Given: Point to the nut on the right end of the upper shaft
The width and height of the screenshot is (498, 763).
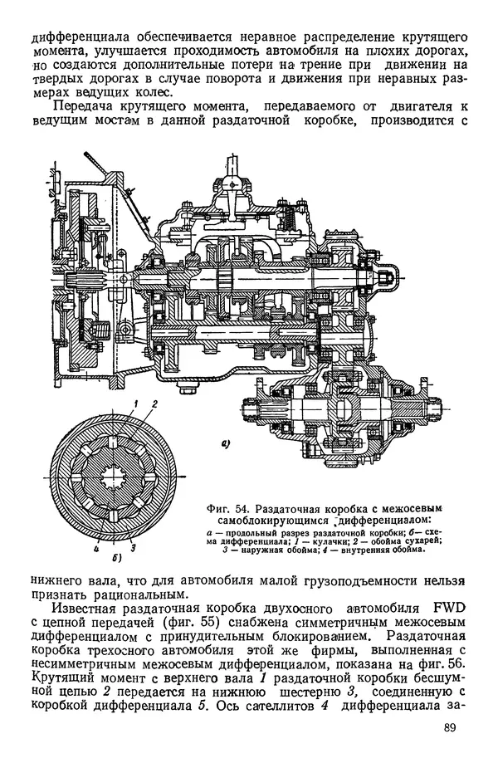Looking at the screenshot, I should coord(388,275).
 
